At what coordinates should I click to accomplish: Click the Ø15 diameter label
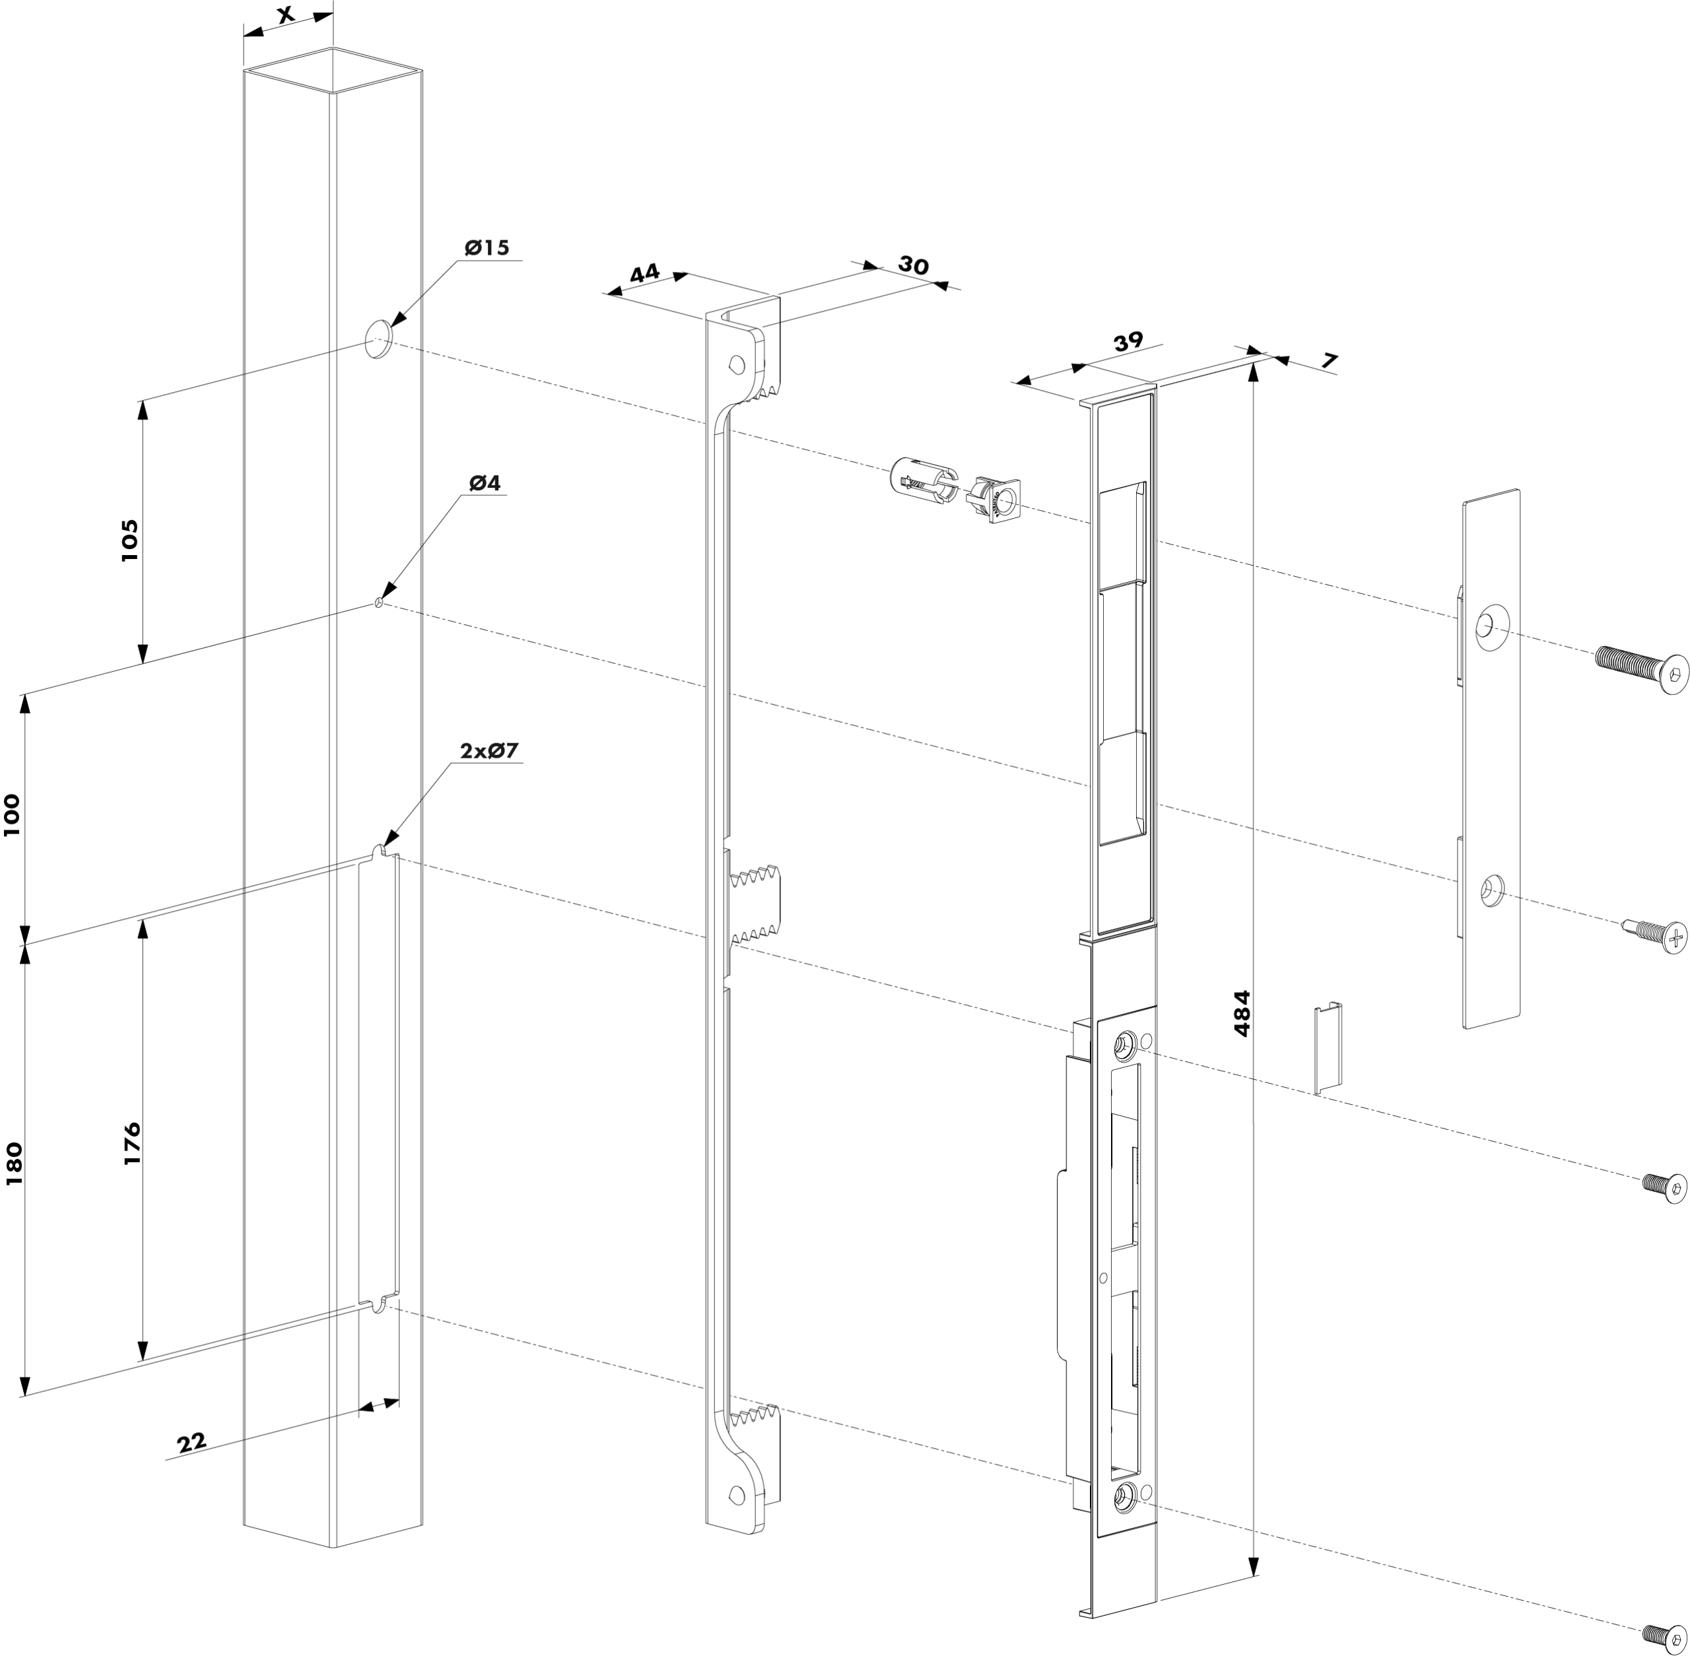tap(487, 248)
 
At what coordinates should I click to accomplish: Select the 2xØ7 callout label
tap(489, 750)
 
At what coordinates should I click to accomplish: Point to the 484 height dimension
tap(1242, 1013)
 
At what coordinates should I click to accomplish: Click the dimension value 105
tap(129, 539)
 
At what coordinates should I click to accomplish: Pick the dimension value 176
tap(131, 1144)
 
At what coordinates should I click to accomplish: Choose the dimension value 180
tap(15, 1164)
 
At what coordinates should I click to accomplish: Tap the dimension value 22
tap(192, 1442)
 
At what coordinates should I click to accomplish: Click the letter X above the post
tap(285, 14)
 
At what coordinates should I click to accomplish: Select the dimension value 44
tap(644, 273)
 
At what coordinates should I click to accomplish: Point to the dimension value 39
tap(1128, 343)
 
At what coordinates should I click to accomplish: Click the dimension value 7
tap(1328, 360)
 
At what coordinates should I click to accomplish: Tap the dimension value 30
tap(913, 265)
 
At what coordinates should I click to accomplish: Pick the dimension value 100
tap(12, 815)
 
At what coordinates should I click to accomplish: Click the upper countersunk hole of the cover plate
tap(1490, 624)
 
